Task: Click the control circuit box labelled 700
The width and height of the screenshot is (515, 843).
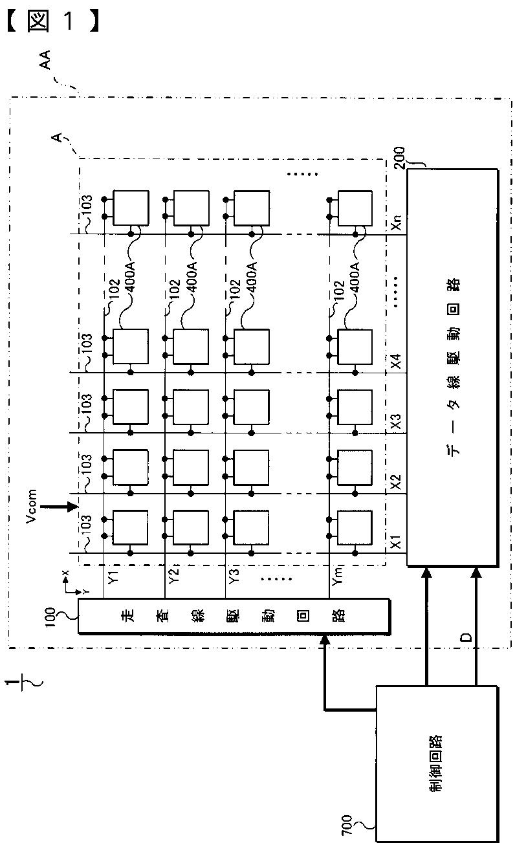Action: [437, 763]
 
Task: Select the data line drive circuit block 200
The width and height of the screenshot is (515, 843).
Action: [453, 367]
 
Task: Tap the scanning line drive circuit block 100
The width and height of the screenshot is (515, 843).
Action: [234, 616]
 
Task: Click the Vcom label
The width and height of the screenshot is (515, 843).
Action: [31, 506]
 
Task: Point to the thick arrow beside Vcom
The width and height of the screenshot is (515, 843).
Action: [59, 507]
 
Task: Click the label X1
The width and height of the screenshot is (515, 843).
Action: [396, 540]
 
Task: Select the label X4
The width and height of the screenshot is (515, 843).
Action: [396, 361]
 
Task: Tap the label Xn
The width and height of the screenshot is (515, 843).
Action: [396, 222]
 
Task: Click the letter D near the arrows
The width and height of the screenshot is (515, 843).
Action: [466, 637]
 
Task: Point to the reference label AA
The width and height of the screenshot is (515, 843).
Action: [45, 60]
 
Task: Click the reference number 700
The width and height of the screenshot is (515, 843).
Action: [346, 824]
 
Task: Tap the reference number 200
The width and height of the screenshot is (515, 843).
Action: [399, 158]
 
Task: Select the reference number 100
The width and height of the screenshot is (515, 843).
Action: [50, 617]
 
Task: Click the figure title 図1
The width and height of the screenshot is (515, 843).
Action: [53, 21]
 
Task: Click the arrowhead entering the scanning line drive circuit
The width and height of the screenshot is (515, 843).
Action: [325, 639]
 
